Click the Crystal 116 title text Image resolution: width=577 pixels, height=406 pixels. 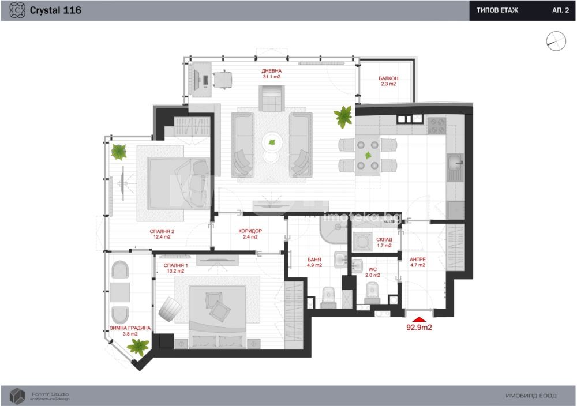click(x=55, y=10)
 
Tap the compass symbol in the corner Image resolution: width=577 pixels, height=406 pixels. click(x=556, y=41)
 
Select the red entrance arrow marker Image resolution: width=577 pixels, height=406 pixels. click(x=419, y=319)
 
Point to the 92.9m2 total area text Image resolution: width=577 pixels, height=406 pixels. click(x=419, y=328)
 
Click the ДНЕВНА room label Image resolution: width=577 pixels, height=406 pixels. click(x=272, y=71)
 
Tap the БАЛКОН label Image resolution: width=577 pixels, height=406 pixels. click(x=388, y=78)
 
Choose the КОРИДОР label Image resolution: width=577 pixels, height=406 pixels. click(x=250, y=231)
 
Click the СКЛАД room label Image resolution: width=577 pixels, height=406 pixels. click(x=384, y=239)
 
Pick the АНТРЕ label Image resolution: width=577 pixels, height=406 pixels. click(x=418, y=260)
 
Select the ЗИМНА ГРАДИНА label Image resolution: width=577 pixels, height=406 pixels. click(x=130, y=328)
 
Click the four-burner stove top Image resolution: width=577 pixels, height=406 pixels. click(x=436, y=125)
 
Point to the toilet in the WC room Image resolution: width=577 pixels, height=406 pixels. click(x=372, y=293)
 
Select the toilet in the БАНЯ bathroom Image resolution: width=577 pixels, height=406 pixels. click(x=329, y=297)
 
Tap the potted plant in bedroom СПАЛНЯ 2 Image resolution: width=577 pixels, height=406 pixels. click(x=119, y=151)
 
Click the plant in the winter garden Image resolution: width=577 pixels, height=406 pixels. click(x=138, y=347)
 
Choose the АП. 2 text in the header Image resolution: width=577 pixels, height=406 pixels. click(x=560, y=10)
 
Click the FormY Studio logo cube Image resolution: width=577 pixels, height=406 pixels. click(x=17, y=396)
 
